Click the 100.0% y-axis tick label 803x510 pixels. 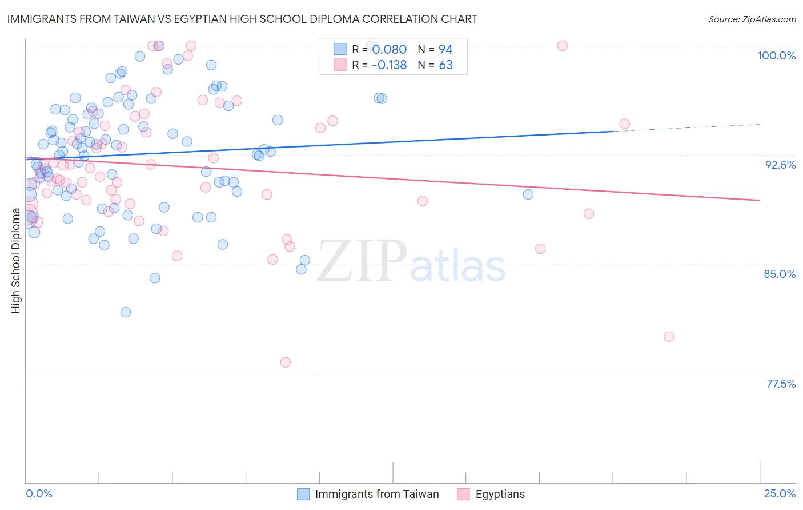coord(776,55)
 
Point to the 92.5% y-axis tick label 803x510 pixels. coord(780,165)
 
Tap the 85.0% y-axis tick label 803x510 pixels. coord(780,274)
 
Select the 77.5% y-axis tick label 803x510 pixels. coord(781,384)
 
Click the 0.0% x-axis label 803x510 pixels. coord(39,493)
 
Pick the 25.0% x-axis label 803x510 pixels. coord(780,493)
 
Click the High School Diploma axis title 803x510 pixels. coord(16,261)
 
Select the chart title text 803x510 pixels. coord(242,19)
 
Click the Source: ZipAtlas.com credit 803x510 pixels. coord(752,19)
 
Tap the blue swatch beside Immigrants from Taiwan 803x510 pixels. coord(303,494)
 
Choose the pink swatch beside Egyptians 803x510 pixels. coord(463,494)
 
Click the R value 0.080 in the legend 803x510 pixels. coord(390,49)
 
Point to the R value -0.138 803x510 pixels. coord(389,65)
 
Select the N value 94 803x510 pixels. coord(445,49)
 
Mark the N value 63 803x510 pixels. coord(445,65)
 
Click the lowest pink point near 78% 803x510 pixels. coord(286,362)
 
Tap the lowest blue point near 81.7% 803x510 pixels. coord(126,312)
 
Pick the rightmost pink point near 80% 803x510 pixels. coord(669,337)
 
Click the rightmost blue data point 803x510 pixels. coord(528,194)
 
